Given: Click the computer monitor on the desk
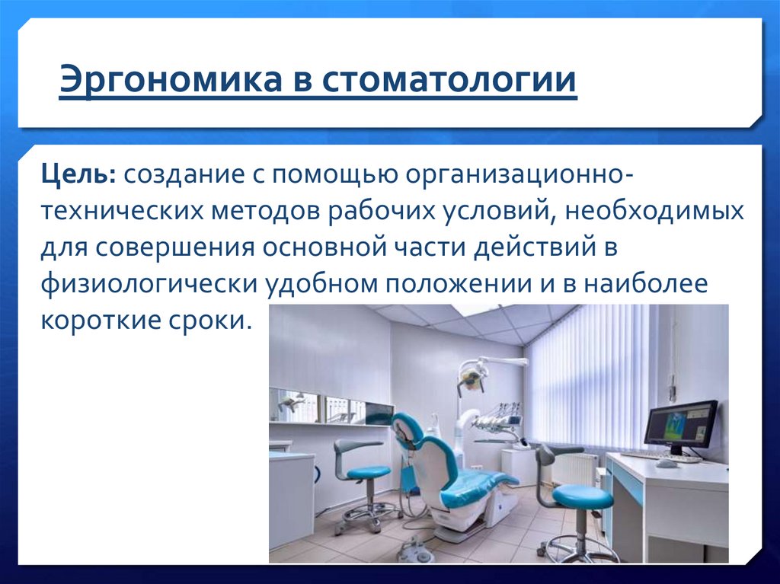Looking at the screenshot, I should click(x=680, y=426).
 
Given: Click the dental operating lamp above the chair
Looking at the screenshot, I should click(x=472, y=376).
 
